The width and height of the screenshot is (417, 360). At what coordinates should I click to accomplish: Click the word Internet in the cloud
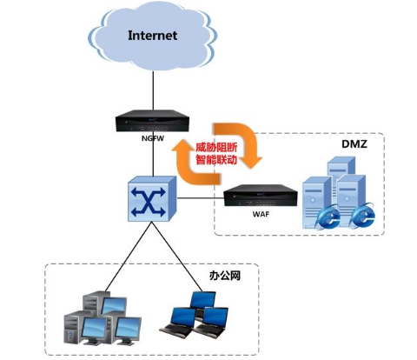153,36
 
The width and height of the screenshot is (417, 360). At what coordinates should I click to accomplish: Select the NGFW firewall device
152,122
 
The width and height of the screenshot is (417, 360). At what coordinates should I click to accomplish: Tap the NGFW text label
153,138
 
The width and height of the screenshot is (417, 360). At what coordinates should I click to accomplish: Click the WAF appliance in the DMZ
261,196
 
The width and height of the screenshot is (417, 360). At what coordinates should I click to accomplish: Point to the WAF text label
261,214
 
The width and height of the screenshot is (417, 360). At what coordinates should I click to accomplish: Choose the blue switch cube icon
152,199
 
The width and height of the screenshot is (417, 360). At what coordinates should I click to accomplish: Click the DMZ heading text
354,144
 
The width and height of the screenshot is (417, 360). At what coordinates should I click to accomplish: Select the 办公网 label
225,276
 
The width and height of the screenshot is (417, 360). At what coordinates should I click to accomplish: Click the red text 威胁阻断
216,148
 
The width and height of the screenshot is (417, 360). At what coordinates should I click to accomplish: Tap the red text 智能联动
216,160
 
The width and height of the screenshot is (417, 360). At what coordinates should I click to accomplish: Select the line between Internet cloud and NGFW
153,90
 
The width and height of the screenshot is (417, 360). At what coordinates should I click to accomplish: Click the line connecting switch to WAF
201,198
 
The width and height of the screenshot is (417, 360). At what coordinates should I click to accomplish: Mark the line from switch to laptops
177,257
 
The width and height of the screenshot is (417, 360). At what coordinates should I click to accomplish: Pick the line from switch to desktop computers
128,257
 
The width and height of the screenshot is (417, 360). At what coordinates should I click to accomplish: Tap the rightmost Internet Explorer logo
363,215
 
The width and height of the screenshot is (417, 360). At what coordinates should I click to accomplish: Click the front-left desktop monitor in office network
93,330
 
